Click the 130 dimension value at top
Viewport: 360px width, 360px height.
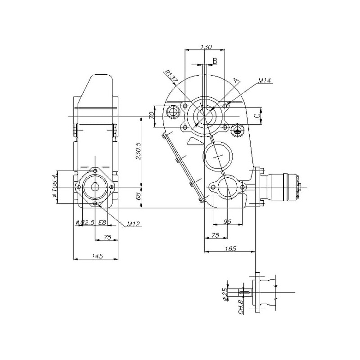206,47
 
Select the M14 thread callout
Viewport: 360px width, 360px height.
265,81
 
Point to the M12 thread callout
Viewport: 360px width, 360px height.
133,224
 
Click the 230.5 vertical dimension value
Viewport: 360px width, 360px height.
138,151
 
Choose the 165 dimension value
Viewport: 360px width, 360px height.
230,248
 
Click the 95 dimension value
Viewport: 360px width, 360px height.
227,221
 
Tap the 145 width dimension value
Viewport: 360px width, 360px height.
98,256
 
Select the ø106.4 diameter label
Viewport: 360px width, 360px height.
54,186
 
